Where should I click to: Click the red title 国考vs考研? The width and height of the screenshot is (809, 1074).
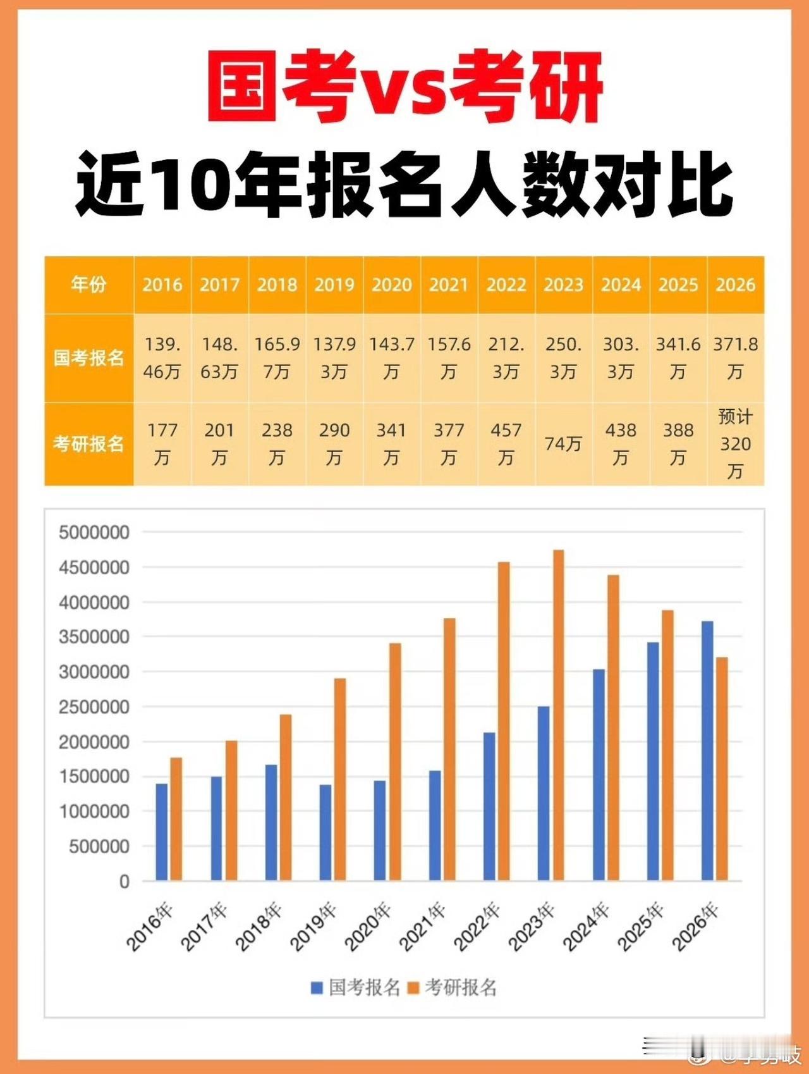coord(404,87)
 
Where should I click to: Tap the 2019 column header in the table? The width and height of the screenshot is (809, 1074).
coord(334,285)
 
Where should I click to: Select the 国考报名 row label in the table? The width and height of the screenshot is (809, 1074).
coord(88,358)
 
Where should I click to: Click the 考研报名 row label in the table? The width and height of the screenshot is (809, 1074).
coord(88,444)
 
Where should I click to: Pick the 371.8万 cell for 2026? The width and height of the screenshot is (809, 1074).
coord(735,358)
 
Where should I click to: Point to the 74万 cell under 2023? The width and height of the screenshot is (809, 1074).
coord(563,444)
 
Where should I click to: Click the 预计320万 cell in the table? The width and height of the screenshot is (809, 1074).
coord(735,444)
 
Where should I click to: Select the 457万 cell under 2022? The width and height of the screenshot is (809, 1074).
coord(506,444)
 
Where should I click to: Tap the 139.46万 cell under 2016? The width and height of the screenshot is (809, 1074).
coord(162,358)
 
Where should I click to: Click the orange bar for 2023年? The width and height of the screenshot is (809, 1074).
coord(559,715)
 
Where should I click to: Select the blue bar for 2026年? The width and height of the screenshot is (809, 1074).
coord(707,751)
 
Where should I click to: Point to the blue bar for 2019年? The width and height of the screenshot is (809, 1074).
coord(325,832)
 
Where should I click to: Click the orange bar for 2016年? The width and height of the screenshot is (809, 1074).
coord(176,819)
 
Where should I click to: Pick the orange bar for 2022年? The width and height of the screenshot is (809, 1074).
coord(504,721)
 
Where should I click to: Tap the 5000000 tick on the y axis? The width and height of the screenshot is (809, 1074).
coord(94,533)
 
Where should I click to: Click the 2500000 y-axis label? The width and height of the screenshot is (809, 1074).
coord(94,707)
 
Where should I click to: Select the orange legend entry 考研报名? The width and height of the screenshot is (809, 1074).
coord(453,987)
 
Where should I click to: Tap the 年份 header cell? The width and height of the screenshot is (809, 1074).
coord(88,285)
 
